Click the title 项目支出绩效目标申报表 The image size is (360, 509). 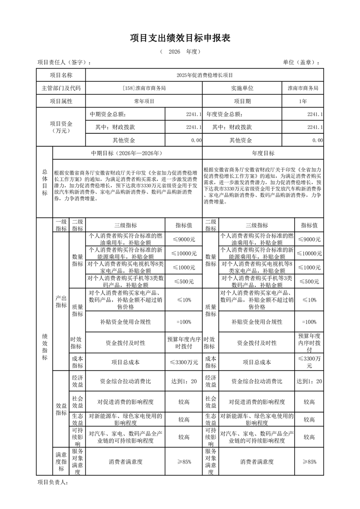pos(180,38)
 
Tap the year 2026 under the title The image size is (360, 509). pos(174,52)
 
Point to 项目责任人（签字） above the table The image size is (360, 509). pos(64,63)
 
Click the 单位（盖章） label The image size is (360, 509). pos(301,63)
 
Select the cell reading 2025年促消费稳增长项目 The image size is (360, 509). pos(204,75)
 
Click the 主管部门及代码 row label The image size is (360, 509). pos(61,88)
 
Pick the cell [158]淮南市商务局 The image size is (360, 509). pos(144,88)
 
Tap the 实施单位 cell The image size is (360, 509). pos(242,88)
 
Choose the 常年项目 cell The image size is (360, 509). pos(144,101)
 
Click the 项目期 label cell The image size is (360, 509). pos(242,101)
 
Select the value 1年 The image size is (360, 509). pos(303,101)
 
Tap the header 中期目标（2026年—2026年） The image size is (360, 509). pos(127,153)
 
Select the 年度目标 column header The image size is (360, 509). pos(263,153)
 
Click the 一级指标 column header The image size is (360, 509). pos(61,225)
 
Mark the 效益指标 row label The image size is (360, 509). pos(61,409)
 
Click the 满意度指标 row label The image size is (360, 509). pos(61,462)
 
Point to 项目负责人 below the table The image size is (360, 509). pos(52,482)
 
